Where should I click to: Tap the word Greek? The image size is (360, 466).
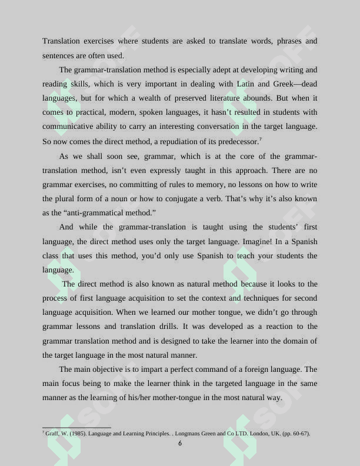click(284, 84)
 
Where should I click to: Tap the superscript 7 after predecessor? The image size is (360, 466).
click(260, 139)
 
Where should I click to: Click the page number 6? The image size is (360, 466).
click(180, 444)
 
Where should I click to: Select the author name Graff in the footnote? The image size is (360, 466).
click(52, 434)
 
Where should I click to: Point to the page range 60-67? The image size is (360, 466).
click(299, 434)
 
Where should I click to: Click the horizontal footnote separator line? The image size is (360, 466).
click(76, 428)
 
